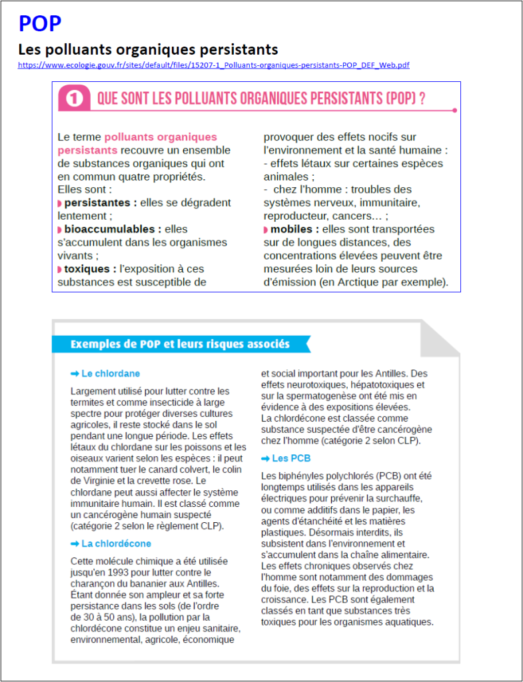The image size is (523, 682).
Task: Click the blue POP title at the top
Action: point(40,24)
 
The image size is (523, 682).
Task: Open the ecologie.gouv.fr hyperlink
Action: point(213,65)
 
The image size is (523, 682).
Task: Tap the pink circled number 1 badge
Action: point(75,99)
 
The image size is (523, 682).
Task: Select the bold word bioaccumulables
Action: point(113,229)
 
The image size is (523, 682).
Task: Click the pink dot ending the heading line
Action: point(454,111)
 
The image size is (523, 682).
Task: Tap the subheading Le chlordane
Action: point(111,374)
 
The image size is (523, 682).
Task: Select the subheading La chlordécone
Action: point(117,543)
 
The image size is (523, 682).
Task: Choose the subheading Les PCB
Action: point(291,458)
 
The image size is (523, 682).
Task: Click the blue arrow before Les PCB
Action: point(265,458)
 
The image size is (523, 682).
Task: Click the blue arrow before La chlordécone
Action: point(75,543)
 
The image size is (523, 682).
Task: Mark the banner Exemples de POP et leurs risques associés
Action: point(180,344)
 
